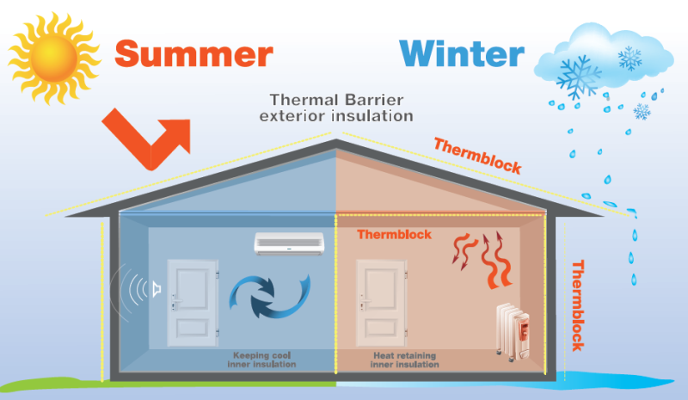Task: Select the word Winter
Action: [x=462, y=52]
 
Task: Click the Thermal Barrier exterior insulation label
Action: [x=341, y=107]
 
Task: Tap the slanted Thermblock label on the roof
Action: [x=477, y=156]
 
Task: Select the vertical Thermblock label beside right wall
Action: [x=577, y=305]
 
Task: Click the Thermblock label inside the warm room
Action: [x=394, y=234]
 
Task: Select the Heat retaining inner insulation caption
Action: [x=405, y=360]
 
